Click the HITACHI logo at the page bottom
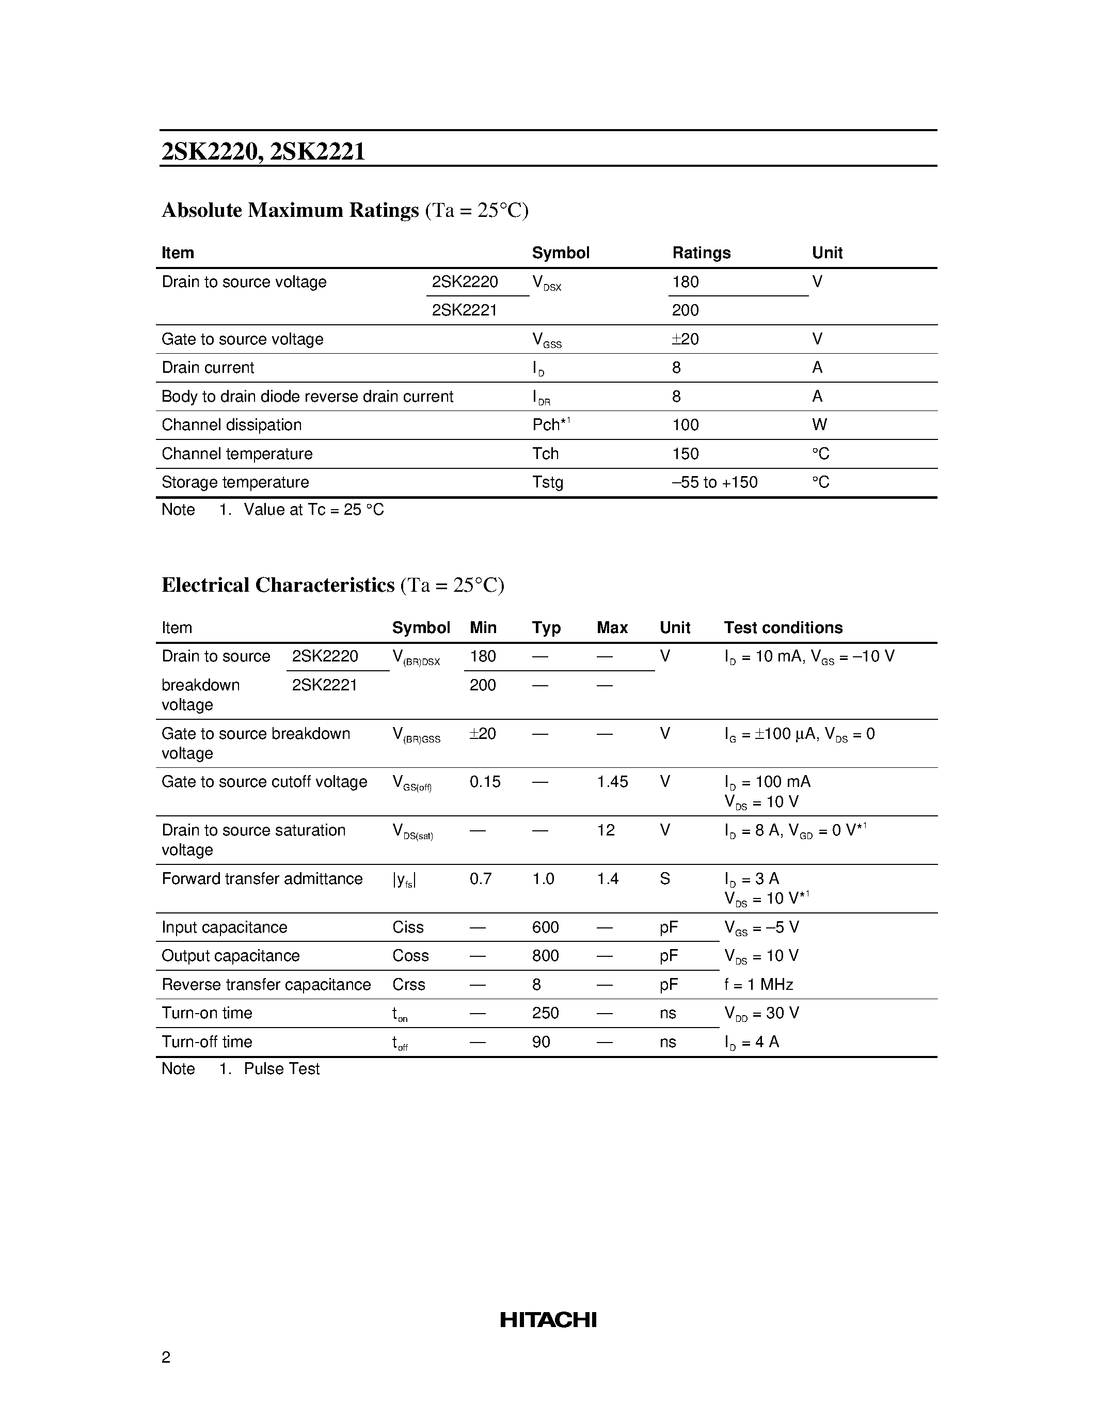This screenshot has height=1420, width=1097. pos(548,1319)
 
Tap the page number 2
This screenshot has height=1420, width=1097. pos(166,1357)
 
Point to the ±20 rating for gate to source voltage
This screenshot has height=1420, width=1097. pos(685,339)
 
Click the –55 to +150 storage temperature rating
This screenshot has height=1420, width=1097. pos(714,482)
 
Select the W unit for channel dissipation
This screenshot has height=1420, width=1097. pos(819,424)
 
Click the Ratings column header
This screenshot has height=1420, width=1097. pos(701,253)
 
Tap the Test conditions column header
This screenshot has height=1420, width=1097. pos(783,627)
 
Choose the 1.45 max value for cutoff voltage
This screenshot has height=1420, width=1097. pos(612,782)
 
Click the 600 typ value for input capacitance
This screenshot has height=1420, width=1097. pos(545,927)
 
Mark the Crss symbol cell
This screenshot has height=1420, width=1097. pos(408,984)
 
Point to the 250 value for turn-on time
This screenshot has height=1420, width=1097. pos(545,1013)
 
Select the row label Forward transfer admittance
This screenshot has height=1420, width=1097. pos(262,878)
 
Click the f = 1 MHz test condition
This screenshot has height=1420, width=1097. pos(758,984)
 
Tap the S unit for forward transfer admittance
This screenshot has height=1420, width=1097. pos(664,878)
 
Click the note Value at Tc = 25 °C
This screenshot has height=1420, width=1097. pos(313,510)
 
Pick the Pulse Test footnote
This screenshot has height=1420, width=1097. pos(281,1069)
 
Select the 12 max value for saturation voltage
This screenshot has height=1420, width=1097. pos(605,830)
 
